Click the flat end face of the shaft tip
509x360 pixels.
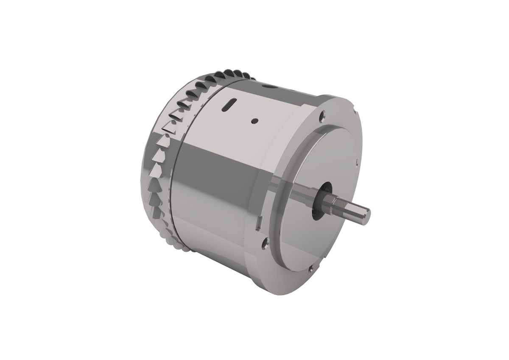pyautogui.click(x=366, y=215)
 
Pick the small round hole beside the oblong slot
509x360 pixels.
pyautogui.click(x=254, y=120)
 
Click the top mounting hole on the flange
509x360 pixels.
pyautogui.click(x=323, y=114)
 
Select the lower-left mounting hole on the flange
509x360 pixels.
pyautogui.click(x=265, y=243)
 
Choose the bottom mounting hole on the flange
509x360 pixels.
pyautogui.click(x=311, y=268)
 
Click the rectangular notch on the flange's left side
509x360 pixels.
pyautogui.click(x=258, y=223)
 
